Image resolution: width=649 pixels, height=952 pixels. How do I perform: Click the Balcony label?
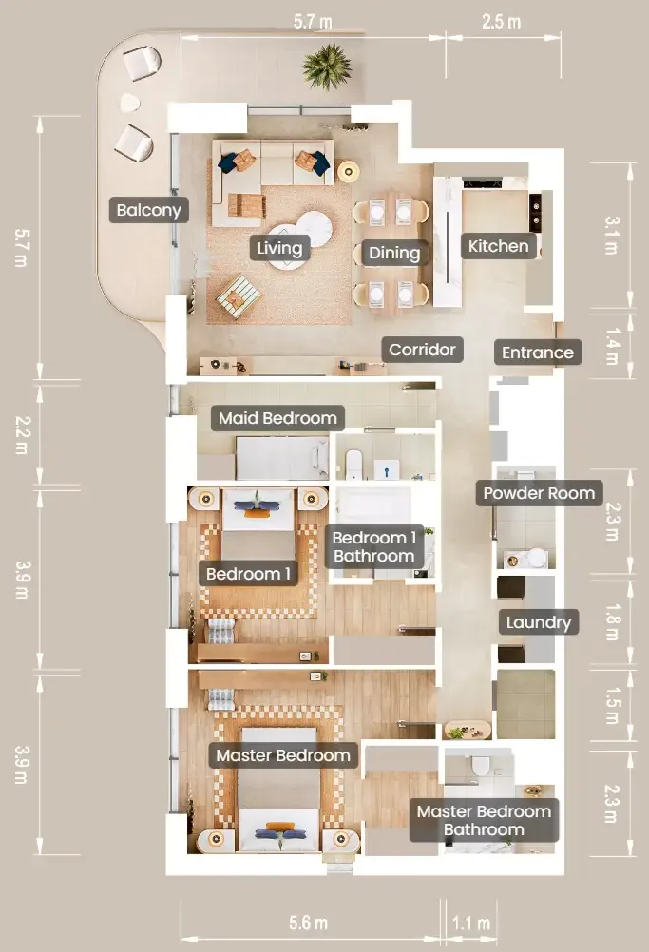click(149, 210)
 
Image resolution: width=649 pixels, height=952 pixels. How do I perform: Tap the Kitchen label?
click(499, 246)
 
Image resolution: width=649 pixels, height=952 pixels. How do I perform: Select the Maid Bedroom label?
click(277, 418)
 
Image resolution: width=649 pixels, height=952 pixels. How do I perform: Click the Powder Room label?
click(539, 493)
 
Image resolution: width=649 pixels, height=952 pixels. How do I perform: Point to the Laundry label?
click(539, 622)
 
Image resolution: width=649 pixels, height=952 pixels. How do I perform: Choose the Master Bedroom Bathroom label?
click(484, 820)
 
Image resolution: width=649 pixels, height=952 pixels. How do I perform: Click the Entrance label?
click(537, 352)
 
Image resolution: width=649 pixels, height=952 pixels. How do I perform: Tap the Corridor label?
click(422, 350)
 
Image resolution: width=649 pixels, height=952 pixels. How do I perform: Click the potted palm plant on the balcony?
click(327, 66)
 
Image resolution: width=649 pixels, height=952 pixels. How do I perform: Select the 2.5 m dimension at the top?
click(502, 22)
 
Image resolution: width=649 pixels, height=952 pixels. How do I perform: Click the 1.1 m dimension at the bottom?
click(471, 923)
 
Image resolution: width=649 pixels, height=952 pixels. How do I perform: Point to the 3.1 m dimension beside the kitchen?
click(612, 236)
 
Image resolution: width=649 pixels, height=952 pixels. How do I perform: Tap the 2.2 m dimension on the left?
click(21, 435)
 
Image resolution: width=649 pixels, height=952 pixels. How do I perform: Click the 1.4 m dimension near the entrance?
click(613, 347)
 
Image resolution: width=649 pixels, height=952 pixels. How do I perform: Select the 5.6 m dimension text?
click(308, 923)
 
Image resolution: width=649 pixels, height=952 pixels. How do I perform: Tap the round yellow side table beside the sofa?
click(348, 171)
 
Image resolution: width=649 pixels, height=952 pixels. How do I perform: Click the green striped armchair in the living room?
click(239, 295)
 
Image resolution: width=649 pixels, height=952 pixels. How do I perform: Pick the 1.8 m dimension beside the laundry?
click(613, 622)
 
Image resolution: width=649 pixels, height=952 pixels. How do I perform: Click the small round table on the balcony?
click(129, 104)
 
